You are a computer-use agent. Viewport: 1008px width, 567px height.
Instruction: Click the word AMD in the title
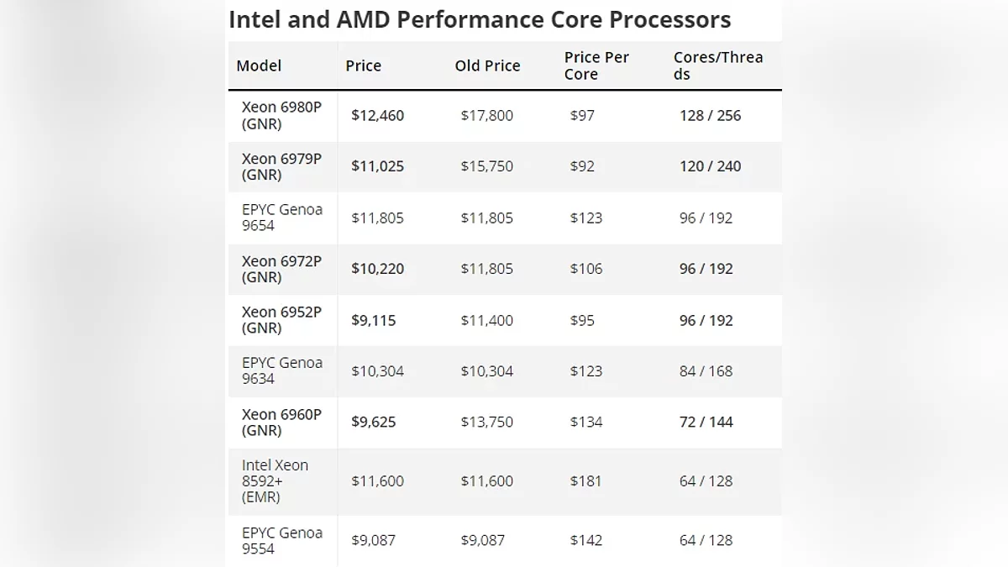356,19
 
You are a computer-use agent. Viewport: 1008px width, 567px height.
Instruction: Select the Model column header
259,66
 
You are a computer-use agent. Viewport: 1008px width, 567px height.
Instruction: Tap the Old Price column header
487,66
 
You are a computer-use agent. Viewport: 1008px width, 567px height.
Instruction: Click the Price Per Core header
596,66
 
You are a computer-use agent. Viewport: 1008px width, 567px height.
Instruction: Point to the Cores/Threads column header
718,66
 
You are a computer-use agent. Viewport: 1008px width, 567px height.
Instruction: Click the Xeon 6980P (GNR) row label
281,116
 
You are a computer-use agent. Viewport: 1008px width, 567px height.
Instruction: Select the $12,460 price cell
377,116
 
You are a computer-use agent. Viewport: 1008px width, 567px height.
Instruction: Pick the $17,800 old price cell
486,116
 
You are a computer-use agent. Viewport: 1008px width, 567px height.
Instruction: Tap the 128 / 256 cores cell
710,116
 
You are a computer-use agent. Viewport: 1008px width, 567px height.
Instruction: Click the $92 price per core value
582,166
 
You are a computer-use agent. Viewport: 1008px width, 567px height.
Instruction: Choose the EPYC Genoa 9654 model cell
281,218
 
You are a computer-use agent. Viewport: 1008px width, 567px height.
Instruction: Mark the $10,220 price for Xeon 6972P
377,269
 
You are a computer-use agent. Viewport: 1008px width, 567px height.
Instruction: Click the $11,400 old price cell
486,320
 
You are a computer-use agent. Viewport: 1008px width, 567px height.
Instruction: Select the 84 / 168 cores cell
706,371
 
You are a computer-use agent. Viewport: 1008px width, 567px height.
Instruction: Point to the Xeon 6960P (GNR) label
281,422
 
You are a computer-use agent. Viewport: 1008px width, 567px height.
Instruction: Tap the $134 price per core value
585,422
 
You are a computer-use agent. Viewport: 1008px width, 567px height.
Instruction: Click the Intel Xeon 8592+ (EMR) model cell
276,480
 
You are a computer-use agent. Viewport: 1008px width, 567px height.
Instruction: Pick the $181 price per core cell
585,481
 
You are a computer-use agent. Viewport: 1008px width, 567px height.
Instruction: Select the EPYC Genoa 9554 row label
281,540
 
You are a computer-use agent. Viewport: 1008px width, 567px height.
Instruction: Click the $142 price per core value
585,540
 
